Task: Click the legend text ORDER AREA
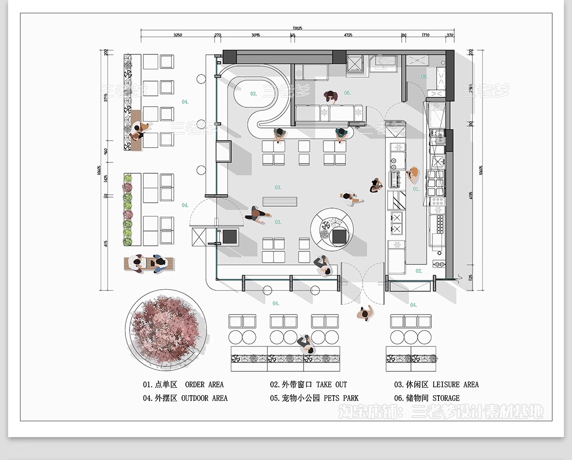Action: click(204, 385)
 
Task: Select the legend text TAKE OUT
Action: click(331, 385)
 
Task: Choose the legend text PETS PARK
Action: click(341, 398)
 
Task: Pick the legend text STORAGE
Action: click(446, 398)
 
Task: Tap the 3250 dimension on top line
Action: click(177, 35)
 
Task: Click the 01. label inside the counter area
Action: click(416, 189)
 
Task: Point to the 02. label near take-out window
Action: click(419, 271)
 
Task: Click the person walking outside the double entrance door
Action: click(366, 314)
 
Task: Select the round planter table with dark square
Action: click(332, 230)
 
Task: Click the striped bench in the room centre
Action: click(280, 201)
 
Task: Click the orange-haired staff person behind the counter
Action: click(414, 175)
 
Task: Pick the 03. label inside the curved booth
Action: click(254, 94)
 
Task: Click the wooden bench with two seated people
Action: click(149, 263)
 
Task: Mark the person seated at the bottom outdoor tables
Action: click(305, 344)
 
